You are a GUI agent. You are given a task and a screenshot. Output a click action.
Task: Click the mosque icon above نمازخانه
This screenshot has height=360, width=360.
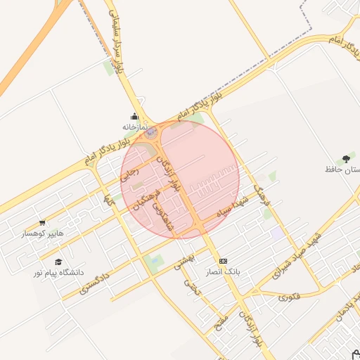(x=134, y=116)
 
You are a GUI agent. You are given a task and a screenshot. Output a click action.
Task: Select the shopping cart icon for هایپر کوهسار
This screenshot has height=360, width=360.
(x=42, y=223)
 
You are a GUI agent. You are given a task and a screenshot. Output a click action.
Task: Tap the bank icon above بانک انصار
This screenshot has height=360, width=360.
(x=224, y=261)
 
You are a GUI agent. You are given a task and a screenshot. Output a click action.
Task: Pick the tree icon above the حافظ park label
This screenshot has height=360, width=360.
(x=345, y=159)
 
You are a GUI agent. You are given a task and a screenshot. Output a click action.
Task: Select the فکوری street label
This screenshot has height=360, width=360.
(x=288, y=297)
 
